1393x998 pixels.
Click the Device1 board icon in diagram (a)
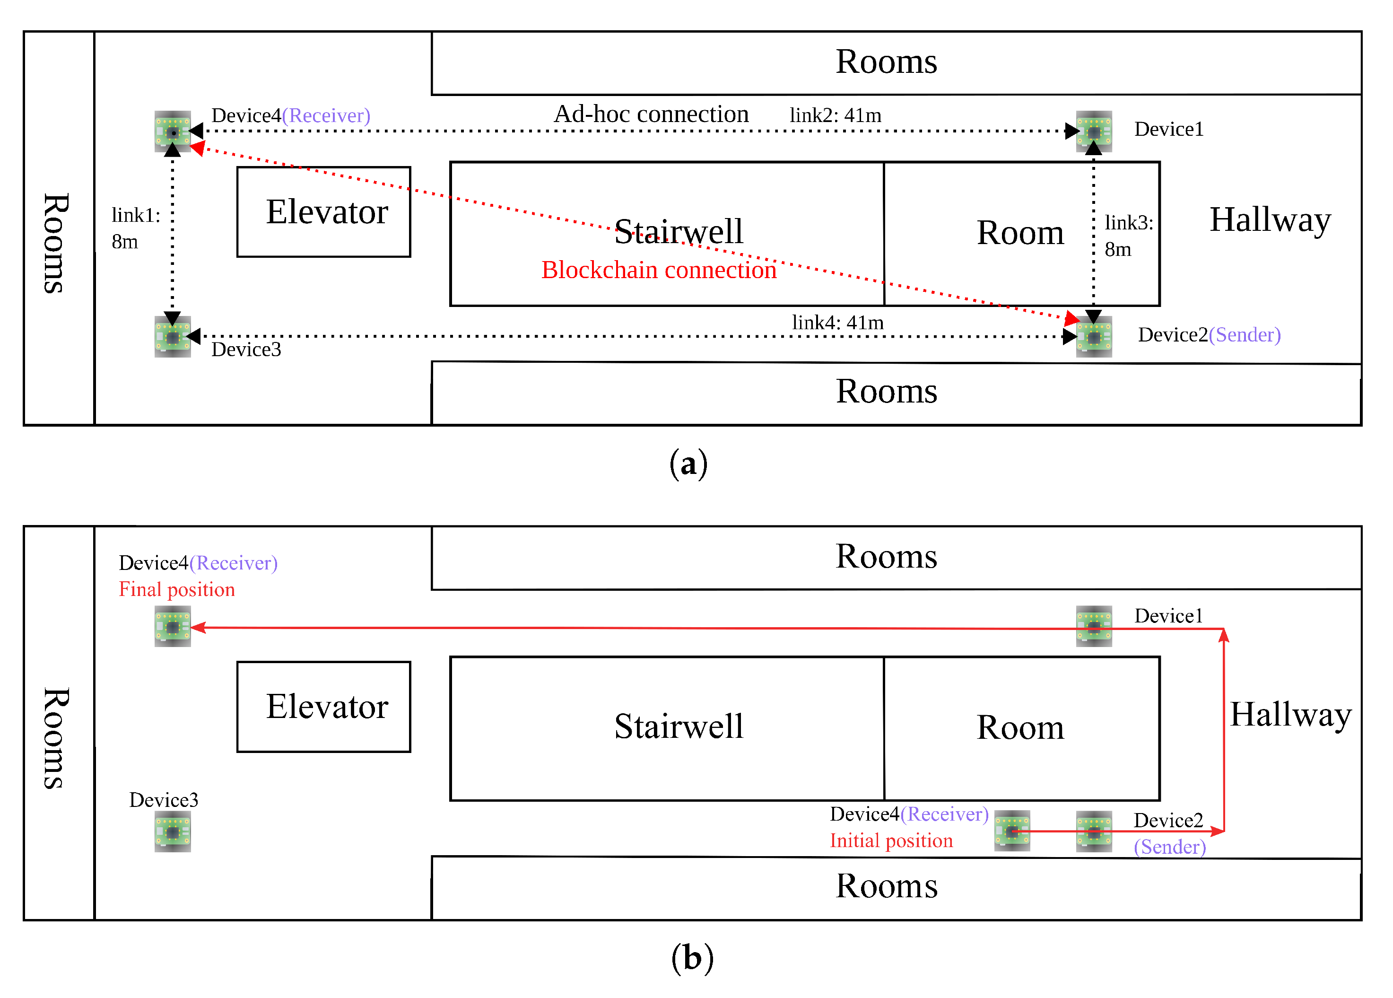tap(1093, 131)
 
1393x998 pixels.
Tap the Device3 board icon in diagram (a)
tap(173, 337)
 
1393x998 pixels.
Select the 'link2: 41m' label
tap(836, 115)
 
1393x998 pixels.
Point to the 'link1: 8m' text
tap(135, 228)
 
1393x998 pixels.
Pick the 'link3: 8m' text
tap(1128, 236)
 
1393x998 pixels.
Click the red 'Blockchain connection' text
tap(658, 270)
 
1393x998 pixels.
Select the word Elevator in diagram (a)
tap(327, 211)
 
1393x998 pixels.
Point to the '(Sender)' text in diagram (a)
tap(1245, 334)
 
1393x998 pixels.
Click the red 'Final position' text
tap(177, 589)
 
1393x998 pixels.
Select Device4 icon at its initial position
tap(1011, 831)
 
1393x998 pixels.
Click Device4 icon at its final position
tap(173, 626)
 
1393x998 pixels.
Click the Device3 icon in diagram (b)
tap(173, 832)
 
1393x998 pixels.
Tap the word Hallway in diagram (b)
tap(1290, 714)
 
